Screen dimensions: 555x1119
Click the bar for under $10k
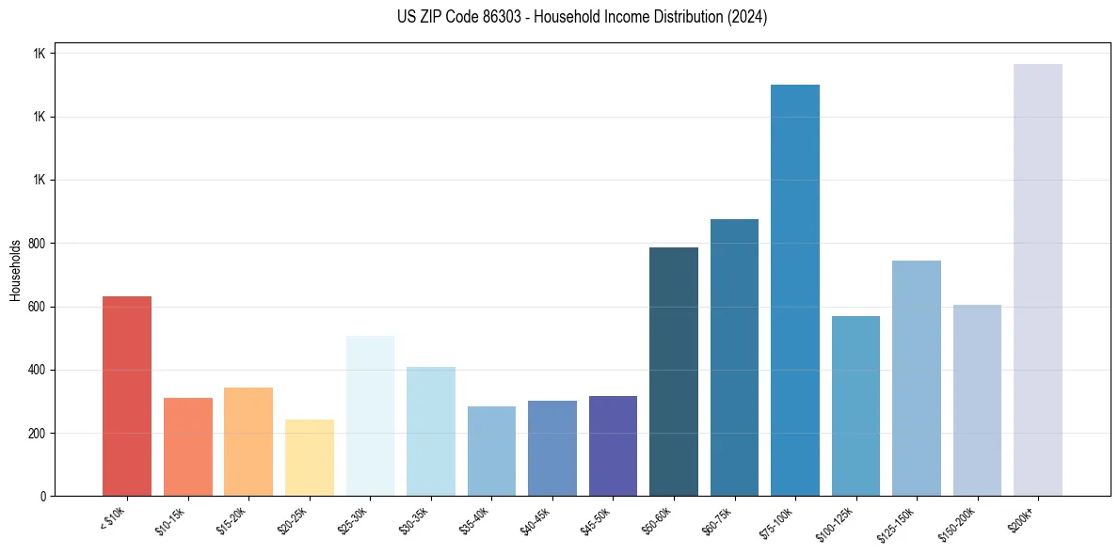coord(127,396)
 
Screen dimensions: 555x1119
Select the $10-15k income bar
coord(188,447)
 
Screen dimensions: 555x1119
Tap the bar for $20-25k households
coord(310,457)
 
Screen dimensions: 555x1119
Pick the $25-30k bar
coord(370,415)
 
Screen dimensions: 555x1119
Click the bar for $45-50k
coord(613,446)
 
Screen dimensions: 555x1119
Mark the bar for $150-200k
coord(977,400)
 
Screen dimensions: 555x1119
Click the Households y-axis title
coord(15,269)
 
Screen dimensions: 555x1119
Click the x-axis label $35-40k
coord(476,520)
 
